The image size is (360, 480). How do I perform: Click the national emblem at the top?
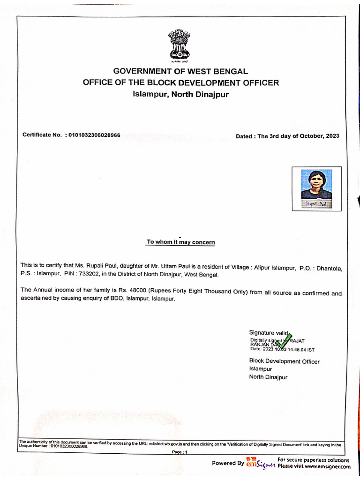point(180,45)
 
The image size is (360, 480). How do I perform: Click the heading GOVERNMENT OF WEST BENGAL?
point(180,72)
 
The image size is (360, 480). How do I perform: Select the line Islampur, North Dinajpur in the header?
point(180,94)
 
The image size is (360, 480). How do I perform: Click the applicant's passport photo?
point(316,188)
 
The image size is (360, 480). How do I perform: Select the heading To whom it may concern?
point(180,242)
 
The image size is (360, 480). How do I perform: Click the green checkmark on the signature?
point(284,341)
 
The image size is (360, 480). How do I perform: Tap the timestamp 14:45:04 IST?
point(300,349)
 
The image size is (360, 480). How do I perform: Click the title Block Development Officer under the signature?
point(284,361)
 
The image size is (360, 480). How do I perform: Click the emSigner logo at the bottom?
point(260,462)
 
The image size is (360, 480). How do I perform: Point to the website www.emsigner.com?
point(327,467)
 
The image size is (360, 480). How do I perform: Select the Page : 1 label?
point(180,452)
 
